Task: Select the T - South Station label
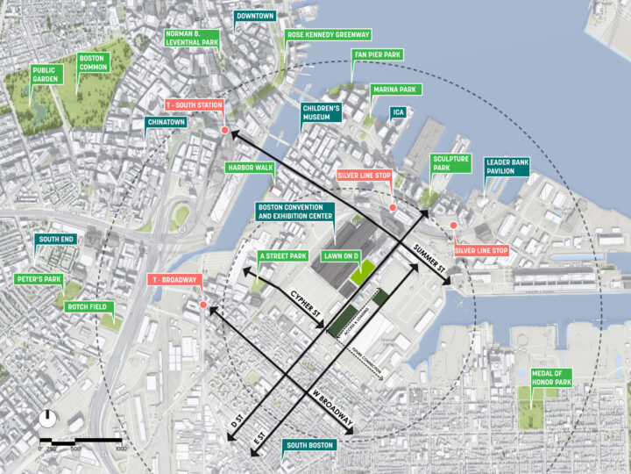pyautogui.click(x=196, y=105)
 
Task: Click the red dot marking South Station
pyautogui.click(x=225, y=130)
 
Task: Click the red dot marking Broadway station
pyautogui.click(x=202, y=305)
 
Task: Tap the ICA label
pyautogui.click(x=398, y=112)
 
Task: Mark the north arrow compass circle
pyautogui.click(x=47, y=419)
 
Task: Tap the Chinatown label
pyautogui.click(x=167, y=123)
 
